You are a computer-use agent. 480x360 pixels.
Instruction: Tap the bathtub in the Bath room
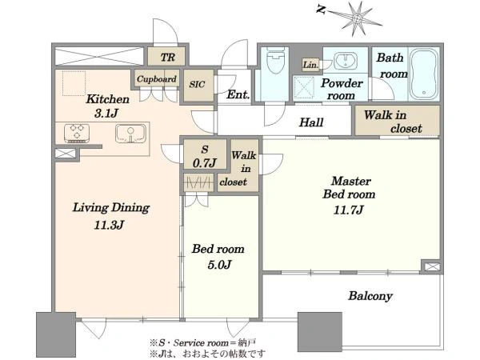point(423,74)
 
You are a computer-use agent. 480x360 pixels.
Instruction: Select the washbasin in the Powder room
point(345,61)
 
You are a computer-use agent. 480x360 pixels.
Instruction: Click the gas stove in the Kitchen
point(77,133)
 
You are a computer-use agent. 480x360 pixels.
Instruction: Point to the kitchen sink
point(130,134)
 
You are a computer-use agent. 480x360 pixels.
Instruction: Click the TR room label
point(168,57)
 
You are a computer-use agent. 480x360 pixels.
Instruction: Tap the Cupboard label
point(157,79)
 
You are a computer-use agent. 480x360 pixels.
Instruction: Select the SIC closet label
point(197,84)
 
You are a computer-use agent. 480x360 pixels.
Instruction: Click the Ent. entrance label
point(238,94)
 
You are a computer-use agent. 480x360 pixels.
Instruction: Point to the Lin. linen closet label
point(310,65)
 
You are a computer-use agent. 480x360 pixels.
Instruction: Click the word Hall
point(311,122)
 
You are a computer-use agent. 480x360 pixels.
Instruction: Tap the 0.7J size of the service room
point(205,163)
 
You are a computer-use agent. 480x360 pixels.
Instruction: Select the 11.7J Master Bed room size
point(348,210)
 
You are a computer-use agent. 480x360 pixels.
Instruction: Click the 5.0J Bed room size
point(219,265)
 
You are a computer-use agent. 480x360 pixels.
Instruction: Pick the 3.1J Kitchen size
point(106,114)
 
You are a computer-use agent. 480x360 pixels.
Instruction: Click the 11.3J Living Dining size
point(109,226)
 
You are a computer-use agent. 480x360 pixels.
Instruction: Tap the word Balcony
point(370,296)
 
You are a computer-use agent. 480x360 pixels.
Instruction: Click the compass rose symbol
point(356,18)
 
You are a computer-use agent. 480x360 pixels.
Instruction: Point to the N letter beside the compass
point(320,10)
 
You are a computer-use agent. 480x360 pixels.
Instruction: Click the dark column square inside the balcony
point(320,332)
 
